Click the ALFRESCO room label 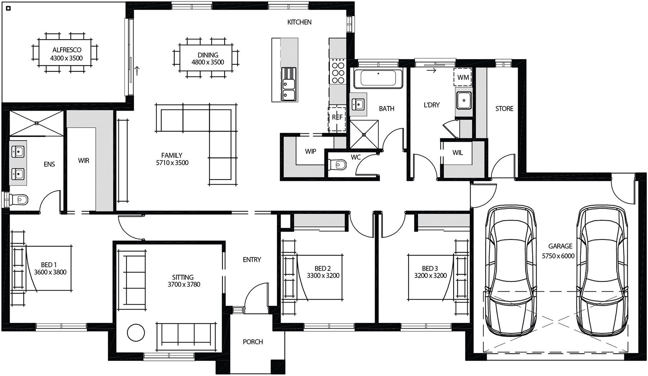(x=67, y=50)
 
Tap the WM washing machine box (x=463, y=77)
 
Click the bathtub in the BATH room (x=378, y=78)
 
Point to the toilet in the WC (x=337, y=165)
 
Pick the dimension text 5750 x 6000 (x=558, y=256)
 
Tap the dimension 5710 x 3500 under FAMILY (x=172, y=163)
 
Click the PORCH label (x=253, y=342)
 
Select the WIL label (x=458, y=152)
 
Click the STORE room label (x=504, y=109)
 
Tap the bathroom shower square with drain (x=364, y=134)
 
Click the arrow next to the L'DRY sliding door (x=432, y=71)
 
